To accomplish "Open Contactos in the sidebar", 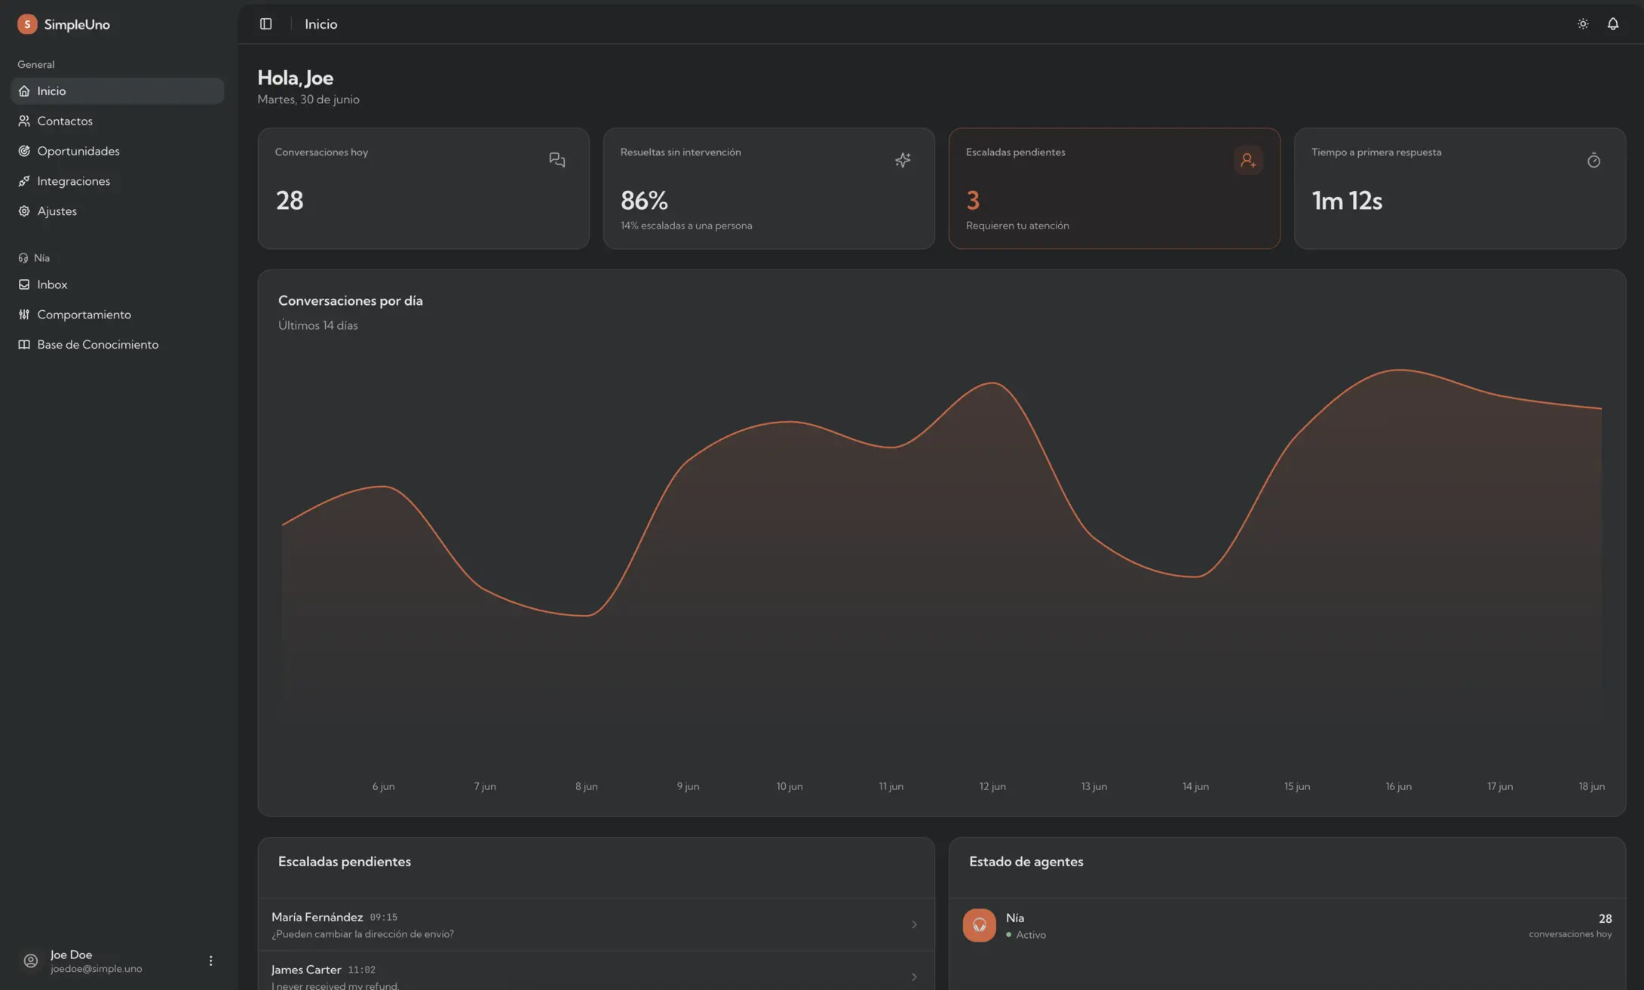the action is click(x=65, y=121).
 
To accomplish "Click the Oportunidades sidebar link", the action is click(x=78, y=151).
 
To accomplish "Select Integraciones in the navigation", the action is click(x=73, y=181).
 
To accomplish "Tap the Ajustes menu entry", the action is click(x=57, y=211).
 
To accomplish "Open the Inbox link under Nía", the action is click(x=52, y=284).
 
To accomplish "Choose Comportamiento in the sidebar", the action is click(x=84, y=315).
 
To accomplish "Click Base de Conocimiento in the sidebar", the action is click(x=97, y=345).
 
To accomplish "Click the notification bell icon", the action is click(x=1612, y=24).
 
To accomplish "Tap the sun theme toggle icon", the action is click(x=1583, y=24).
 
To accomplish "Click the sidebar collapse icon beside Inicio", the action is click(x=265, y=24).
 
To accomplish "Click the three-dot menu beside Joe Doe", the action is click(x=210, y=961).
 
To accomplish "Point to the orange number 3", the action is click(x=973, y=201).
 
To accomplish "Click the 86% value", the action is click(x=644, y=201).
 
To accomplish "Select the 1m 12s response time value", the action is click(x=1347, y=201).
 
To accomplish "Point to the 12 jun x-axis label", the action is click(x=992, y=786).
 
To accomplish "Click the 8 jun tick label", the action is click(x=587, y=786).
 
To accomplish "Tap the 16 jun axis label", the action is click(x=1398, y=786).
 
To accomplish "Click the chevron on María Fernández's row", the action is click(x=914, y=924).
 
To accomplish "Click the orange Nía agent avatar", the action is click(x=979, y=925).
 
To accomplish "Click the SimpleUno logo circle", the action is click(x=27, y=24).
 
